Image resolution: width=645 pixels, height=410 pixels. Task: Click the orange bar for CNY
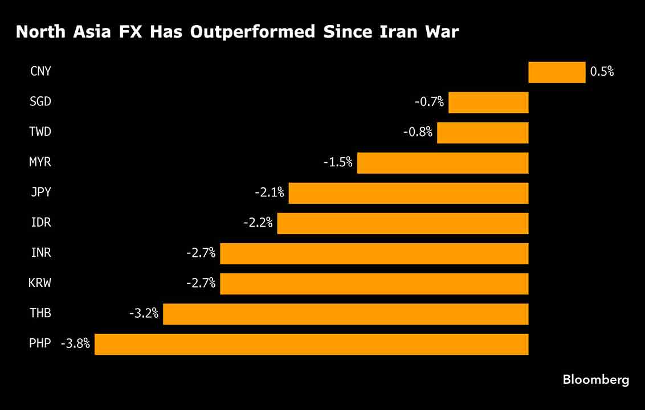pyautogui.click(x=557, y=72)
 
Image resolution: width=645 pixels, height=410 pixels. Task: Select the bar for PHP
pyautogui.click(x=311, y=344)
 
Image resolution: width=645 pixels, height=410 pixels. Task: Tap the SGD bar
pyautogui.click(x=488, y=102)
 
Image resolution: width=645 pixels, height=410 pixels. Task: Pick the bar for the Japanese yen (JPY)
pyautogui.click(x=409, y=193)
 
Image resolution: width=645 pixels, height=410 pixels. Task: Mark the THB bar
pyautogui.click(x=345, y=314)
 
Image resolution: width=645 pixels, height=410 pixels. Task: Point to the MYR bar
pyautogui.click(x=443, y=163)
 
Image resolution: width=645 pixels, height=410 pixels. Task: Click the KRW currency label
pyautogui.click(x=40, y=283)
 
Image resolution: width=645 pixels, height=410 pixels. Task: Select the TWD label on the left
pyautogui.click(x=40, y=132)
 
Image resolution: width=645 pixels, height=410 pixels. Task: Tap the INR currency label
pyautogui.click(x=41, y=253)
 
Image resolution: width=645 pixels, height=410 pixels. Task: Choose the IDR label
pyautogui.click(x=41, y=223)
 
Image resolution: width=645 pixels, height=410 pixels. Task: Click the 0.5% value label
pyautogui.click(x=602, y=72)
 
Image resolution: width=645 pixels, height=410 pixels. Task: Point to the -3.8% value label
pyautogui.click(x=75, y=344)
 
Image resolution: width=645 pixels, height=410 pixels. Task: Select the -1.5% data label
pyautogui.click(x=338, y=163)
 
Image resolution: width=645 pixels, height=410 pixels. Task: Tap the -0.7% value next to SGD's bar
pyautogui.click(x=429, y=102)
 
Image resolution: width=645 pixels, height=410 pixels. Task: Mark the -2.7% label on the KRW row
pyautogui.click(x=201, y=283)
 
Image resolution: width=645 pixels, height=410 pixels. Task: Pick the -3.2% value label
pyautogui.click(x=144, y=314)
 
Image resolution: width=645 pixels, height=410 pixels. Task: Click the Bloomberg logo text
pyautogui.click(x=596, y=380)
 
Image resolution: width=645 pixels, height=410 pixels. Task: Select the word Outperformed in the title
pyautogui.click(x=252, y=32)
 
